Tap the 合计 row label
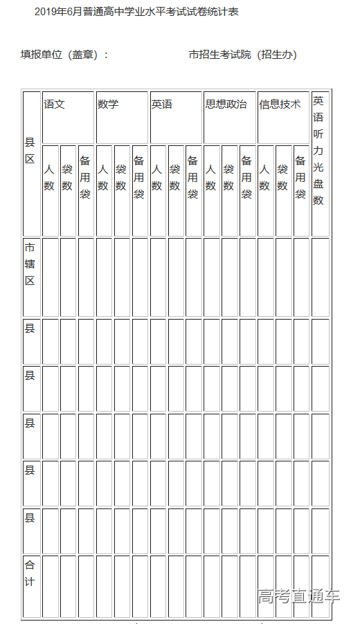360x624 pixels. click(x=30, y=573)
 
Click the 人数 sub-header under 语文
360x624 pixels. click(x=49, y=177)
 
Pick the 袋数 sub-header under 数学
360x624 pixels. click(x=121, y=177)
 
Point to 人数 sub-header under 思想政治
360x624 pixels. click(x=211, y=177)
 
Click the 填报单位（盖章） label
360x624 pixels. click(x=64, y=55)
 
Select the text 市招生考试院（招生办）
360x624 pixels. click(x=243, y=55)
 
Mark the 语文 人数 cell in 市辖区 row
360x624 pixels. click(x=50, y=277)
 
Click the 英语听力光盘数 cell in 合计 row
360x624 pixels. click(x=320, y=585)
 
